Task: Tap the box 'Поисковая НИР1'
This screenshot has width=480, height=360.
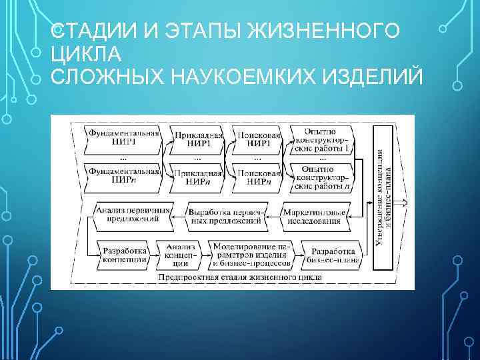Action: tap(257, 139)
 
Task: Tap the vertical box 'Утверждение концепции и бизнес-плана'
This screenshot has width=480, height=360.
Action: tap(385, 198)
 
